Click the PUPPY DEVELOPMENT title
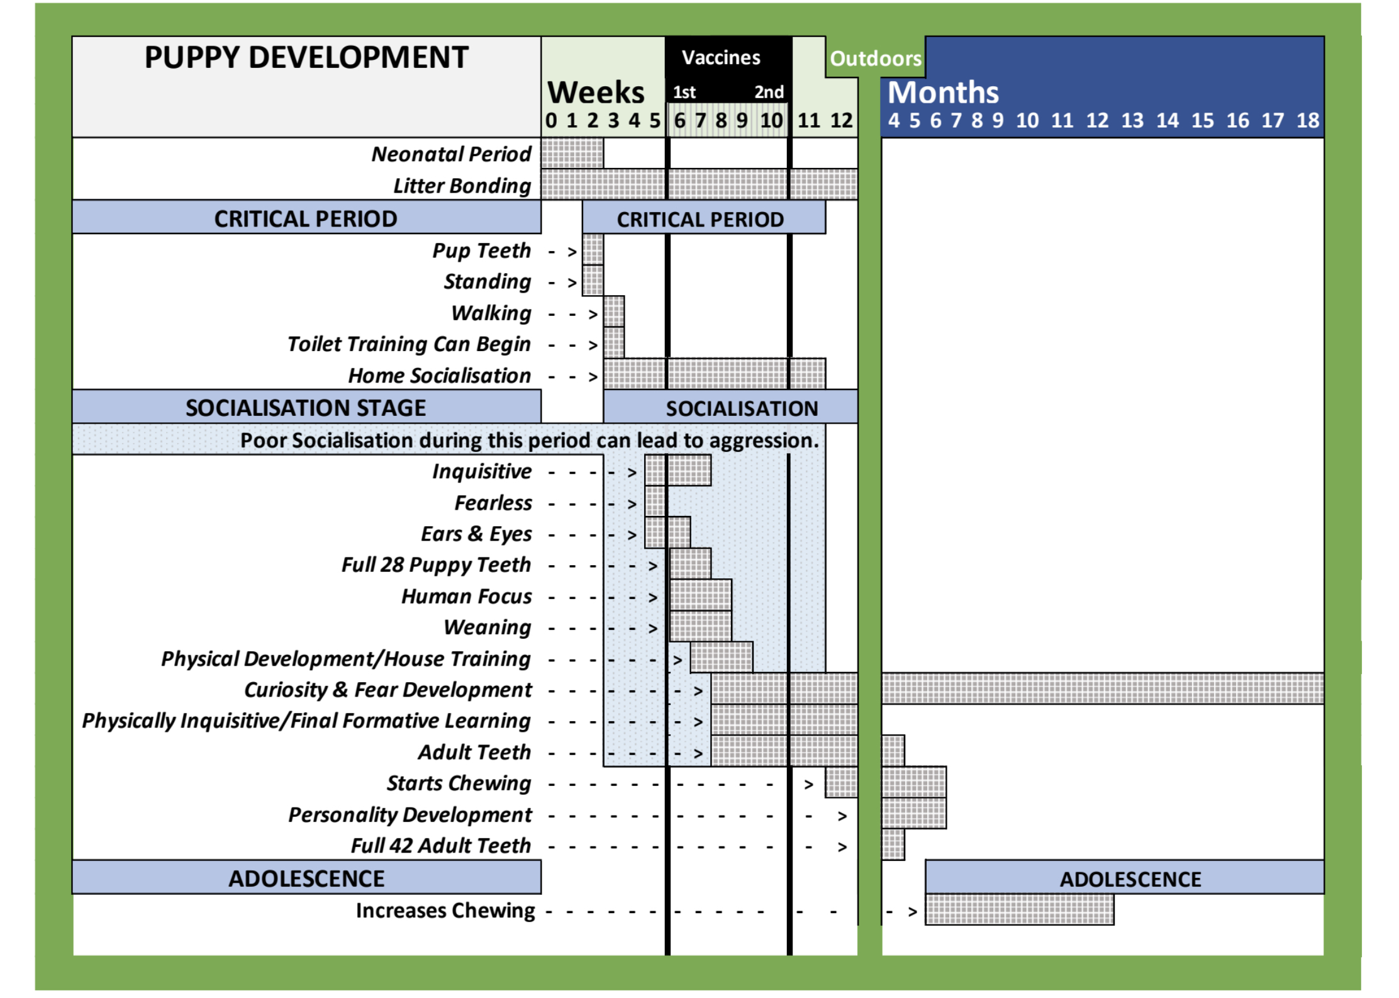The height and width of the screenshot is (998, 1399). click(x=306, y=58)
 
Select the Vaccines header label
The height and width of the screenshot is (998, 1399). click(x=721, y=58)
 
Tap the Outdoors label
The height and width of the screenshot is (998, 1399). click(x=875, y=59)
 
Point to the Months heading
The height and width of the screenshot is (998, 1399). click(x=942, y=93)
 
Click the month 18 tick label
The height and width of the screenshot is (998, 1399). click(x=1307, y=120)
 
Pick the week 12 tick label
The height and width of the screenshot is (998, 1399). click(x=841, y=120)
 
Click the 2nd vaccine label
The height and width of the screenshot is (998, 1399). click(x=769, y=93)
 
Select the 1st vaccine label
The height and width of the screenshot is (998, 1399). click(x=684, y=93)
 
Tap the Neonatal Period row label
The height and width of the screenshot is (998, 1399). click(x=451, y=154)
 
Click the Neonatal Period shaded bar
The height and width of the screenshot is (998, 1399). click(x=572, y=153)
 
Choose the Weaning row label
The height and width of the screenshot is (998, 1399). click(x=488, y=627)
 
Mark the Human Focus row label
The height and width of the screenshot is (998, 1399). click(x=466, y=597)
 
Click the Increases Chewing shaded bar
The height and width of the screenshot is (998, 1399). click(x=1019, y=910)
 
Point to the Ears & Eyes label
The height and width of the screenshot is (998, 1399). click(x=476, y=534)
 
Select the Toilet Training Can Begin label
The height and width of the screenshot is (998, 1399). click(x=409, y=344)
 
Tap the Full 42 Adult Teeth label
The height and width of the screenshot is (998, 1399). click(x=440, y=846)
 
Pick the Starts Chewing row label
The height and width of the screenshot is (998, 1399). click(x=459, y=783)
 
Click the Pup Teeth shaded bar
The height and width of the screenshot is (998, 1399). click(x=593, y=250)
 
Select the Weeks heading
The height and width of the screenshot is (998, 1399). click(x=596, y=93)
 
